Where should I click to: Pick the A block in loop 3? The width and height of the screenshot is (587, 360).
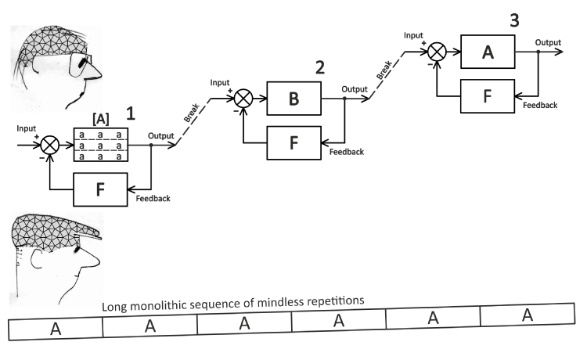(488, 53)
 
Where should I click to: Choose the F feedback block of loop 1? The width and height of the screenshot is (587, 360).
(101, 189)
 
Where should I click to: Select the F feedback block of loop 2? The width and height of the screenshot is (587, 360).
(293, 143)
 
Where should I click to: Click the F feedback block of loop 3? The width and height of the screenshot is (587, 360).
(488, 98)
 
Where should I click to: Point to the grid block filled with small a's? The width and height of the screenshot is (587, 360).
(101, 145)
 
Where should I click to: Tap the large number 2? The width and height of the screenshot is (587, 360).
(319, 67)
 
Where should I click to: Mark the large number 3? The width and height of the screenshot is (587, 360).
(513, 20)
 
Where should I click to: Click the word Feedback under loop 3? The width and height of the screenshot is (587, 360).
(540, 105)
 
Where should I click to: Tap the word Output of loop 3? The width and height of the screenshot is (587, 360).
(548, 41)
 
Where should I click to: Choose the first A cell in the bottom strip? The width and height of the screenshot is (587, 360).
(56, 328)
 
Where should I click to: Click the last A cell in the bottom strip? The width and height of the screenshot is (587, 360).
(527, 315)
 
